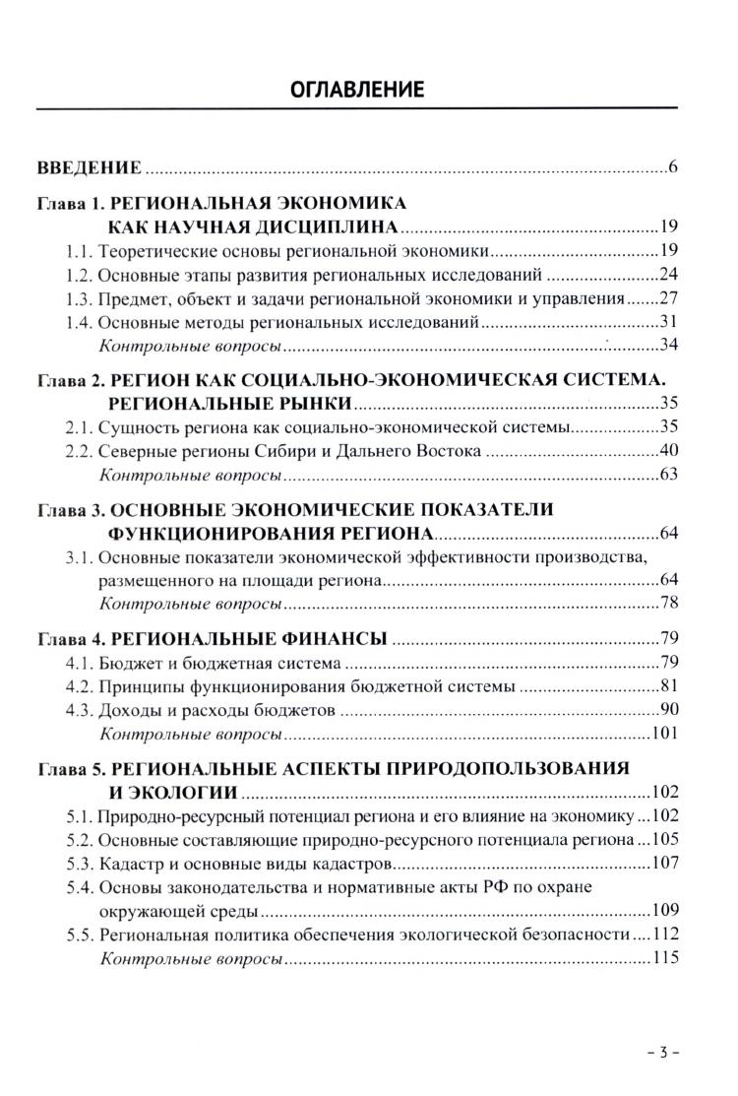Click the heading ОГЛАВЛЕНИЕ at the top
pyautogui.click(x=369, y=91)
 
